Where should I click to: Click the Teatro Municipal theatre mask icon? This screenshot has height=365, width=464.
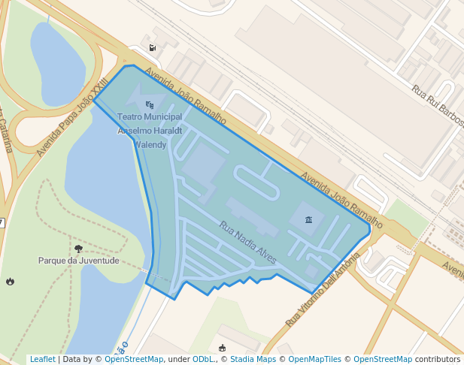tap(150, 104)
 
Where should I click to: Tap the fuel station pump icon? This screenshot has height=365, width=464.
tap(153, 48)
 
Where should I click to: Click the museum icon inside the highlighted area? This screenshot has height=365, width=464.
tap(309, 219)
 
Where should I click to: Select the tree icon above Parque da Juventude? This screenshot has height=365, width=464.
tap(79, 249)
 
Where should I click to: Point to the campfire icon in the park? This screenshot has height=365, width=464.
tap(10, 282)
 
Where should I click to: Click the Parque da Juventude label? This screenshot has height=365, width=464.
tap(79, 261)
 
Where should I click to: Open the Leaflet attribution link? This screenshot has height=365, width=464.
tap(42, 359)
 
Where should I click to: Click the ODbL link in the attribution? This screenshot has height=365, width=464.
tap(203, 359)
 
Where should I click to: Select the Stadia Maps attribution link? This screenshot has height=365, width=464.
tap(253, 359)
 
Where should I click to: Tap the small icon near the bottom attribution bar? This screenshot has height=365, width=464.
tap(222, 347)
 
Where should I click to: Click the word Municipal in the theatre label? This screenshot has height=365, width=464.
tap(164, 117)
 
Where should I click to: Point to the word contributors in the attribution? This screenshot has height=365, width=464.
tap(438, 359)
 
